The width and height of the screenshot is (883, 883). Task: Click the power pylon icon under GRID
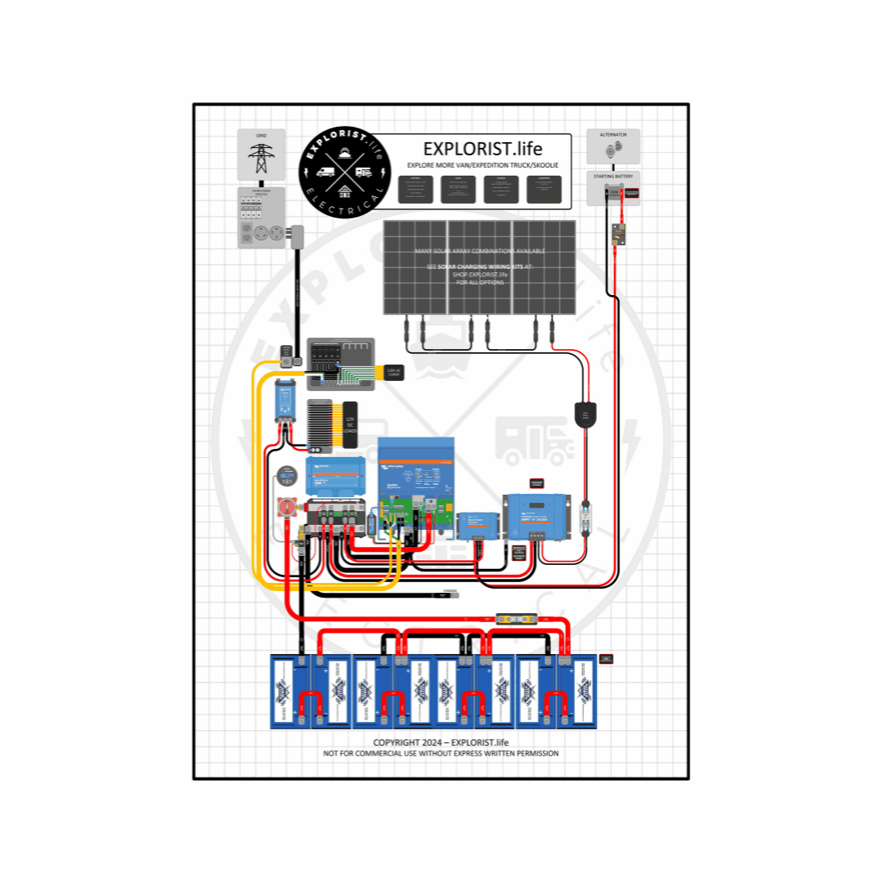click(x=261, y=157)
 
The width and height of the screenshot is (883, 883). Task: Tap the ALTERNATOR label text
click(x=613, y=134)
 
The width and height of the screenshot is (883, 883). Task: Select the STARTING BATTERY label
click(x=613, y=176)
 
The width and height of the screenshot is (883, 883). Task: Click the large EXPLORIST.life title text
click(x=482, y=148)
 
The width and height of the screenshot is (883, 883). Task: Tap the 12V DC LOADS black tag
click(x=352, y=423)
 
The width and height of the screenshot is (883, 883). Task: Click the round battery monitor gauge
click(x=286, y=475)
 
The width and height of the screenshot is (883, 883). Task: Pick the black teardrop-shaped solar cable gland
click(x=586, y=415)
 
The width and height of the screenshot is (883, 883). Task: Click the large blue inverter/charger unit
click(x=415, y=482)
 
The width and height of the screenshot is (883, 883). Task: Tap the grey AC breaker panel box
click(x=340, y=364)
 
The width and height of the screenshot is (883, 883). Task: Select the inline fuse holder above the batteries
click(x=518, y=619)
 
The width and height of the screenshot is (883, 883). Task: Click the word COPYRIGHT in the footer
click(x=397, y=742)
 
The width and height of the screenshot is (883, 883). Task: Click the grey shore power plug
click(x=297, y=237)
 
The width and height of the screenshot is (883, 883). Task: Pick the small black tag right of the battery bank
click(x=606, y=658)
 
